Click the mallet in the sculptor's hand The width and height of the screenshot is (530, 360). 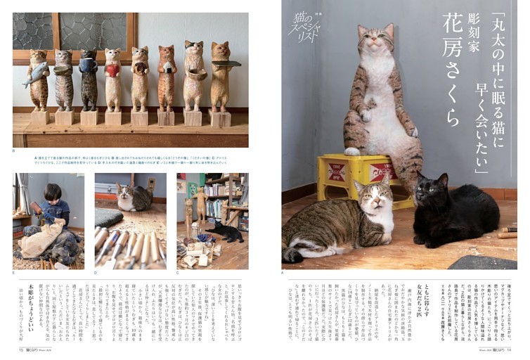[35, 206]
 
